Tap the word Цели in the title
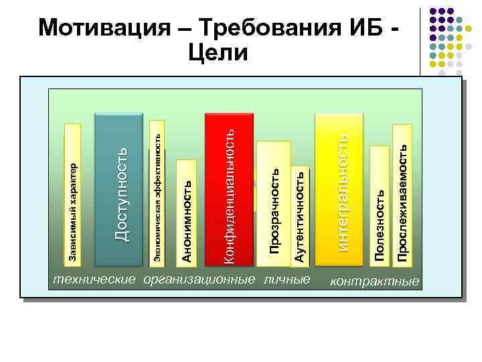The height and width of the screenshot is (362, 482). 218,52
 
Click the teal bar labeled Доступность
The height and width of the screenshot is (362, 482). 121,191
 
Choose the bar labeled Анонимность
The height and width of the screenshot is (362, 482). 187,211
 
